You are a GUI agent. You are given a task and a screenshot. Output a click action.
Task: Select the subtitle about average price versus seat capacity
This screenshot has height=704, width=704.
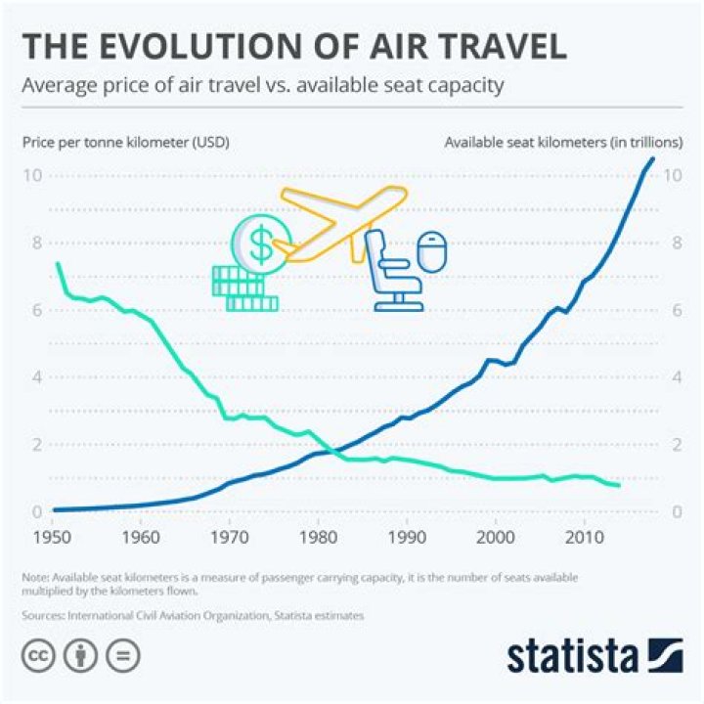point(263,86)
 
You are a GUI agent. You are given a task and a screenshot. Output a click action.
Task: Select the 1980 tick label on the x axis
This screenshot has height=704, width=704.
point(318,537)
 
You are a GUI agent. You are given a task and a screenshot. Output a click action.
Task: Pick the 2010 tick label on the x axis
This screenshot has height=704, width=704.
point(584,537)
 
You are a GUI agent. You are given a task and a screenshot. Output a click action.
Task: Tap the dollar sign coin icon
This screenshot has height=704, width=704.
point(259,244)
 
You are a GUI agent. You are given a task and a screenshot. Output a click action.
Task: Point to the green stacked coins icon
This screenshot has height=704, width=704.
point(241,289)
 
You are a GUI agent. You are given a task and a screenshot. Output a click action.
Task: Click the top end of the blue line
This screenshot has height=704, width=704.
point(653,158)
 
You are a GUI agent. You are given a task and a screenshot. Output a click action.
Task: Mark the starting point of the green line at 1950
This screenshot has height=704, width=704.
point(58,263)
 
